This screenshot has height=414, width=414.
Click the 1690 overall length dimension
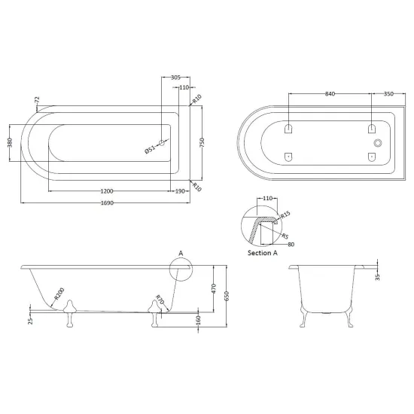pos(107,202)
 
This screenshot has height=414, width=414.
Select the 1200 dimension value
pos(107,191)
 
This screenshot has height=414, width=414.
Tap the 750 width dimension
pos(202,143)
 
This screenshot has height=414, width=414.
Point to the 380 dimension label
pos(10,142)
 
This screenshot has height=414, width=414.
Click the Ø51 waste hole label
pos(150,149)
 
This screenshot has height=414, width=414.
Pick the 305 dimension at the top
pos(175,78)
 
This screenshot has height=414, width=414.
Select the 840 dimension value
pos(330,94)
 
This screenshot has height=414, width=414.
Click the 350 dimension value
pos(388,94)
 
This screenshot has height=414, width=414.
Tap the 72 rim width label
pos(37,100)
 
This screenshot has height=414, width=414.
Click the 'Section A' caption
pos(263,253)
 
